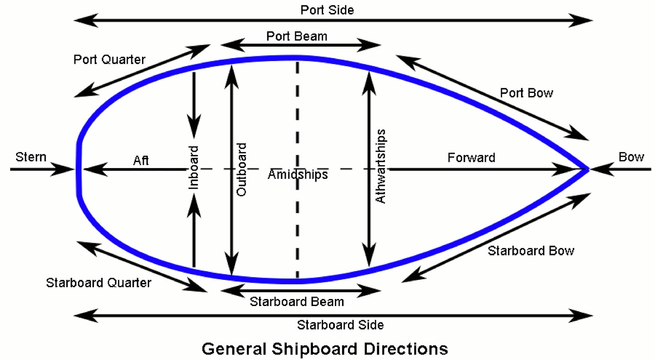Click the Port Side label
click(327, 10)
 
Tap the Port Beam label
click(297, 36)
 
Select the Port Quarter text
click(109, 59)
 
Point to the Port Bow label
click(526, 93)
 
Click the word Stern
click(31, 157)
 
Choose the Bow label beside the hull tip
click(631, 157)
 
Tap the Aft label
click(141, 160)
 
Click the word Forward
click(471, 157)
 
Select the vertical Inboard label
click(193, 167)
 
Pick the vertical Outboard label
click(242, 169)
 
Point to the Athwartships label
click(381, 166)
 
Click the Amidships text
click(298, 174)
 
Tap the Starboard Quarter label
click(99, 283)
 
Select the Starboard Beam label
click(297, 301)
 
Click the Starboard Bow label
click(531, 250)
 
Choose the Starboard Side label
click(340, 325)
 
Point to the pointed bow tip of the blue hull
click(587, 169)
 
